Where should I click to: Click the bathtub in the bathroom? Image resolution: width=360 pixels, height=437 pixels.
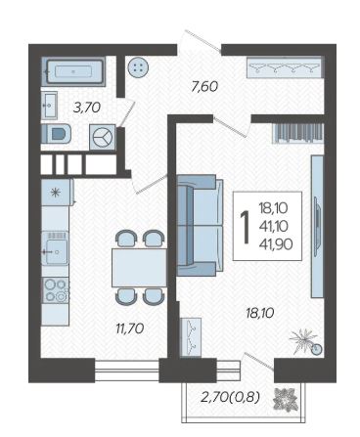(73, 71)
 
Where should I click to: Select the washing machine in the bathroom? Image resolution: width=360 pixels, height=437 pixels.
(103, 137)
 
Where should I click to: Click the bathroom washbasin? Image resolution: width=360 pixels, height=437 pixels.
(49, 105)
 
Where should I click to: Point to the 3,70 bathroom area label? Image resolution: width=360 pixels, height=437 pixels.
(87, 108)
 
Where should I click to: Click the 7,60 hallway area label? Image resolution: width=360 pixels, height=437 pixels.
(204, 87)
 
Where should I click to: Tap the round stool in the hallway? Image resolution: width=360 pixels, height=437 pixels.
(138, 68)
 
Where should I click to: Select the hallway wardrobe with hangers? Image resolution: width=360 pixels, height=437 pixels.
(285, 67)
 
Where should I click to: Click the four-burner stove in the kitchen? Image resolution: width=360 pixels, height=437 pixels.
(56, 290)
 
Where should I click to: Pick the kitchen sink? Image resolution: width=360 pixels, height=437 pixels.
(56, 247)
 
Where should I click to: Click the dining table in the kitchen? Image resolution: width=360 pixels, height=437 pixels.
(139, 268)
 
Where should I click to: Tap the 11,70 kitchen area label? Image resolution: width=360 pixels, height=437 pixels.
(130, 328)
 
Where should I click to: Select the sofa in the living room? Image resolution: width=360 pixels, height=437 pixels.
(201, 225)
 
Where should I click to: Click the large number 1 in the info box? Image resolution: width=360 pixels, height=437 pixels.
(245, 227)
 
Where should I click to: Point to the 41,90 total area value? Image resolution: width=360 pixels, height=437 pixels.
(276, 244)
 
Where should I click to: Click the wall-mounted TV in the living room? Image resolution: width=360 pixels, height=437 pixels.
(317, 226)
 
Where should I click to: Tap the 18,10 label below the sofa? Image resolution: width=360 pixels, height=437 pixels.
(260, 313)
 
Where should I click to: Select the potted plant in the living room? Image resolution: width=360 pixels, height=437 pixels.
(306, 342)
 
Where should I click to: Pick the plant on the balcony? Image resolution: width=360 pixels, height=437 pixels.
(286, 399)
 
